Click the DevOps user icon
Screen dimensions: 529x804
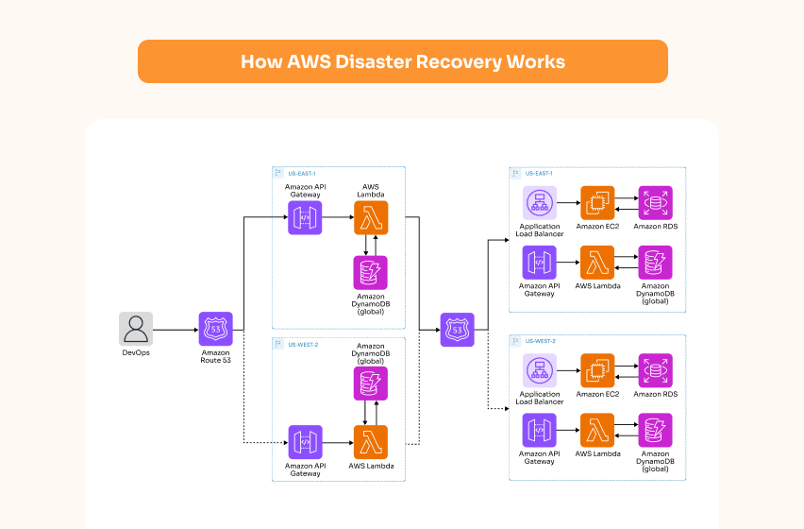click(x=136, y=329)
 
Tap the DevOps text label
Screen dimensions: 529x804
click(x=136, y=353)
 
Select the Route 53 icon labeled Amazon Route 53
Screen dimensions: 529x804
click(x=215, y=329)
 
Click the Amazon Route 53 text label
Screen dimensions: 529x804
click(x=215, y=357)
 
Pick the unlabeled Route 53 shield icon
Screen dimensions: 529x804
click(x=458, y=330)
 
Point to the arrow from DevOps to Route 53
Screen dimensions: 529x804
click(x=175, y=330)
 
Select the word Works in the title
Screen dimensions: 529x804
click(x=535, y=62)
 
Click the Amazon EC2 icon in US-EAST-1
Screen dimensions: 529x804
click(x=597, y=203)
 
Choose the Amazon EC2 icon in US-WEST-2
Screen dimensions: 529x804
click(x=597, y=370)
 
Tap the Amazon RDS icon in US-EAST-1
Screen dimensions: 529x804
click(x=655, y=203)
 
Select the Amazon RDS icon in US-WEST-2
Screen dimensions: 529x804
click(x=655, y=370)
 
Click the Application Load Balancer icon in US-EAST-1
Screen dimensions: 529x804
click(x=539, y=203)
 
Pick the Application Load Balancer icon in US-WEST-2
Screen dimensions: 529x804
click(x=539, y=370)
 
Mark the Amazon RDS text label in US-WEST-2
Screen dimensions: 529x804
click(x=655, y=394)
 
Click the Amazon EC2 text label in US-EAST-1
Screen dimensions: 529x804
click(x=597, y=227)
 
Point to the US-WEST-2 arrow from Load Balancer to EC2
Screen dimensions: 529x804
click(x=568, y=370)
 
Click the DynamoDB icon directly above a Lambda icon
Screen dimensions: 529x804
click(x=370, y=384)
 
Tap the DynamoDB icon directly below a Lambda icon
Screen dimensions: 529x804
click(x=370, y=273)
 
